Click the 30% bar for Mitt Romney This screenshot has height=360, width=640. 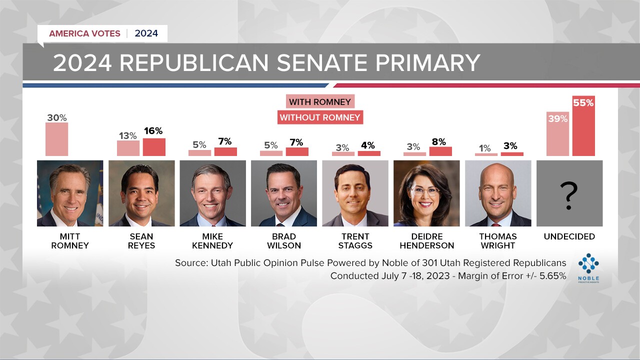(x=56, y=139)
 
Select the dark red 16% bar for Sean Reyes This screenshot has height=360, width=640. (x=154, y=147)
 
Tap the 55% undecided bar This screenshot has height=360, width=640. (x=583, y=126)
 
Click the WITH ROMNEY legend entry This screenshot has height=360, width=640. (x=320, y=102)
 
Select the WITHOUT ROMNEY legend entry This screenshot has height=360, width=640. (x=320, y=117)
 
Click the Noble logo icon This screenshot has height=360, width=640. (x=588, y=263)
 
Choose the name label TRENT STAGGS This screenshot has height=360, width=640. (x=355, y=241)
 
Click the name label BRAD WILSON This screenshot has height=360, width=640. (x=284, y=241)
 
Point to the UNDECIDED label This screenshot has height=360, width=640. (x=569, y=236)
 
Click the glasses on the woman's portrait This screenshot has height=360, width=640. (x=424, y=190)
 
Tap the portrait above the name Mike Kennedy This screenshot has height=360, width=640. (x=212, y=193)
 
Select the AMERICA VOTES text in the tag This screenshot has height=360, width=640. (x=84, y=33)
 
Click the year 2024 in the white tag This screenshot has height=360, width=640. (x=146, y=33)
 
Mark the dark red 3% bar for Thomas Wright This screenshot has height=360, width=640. (x=512, y=154)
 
